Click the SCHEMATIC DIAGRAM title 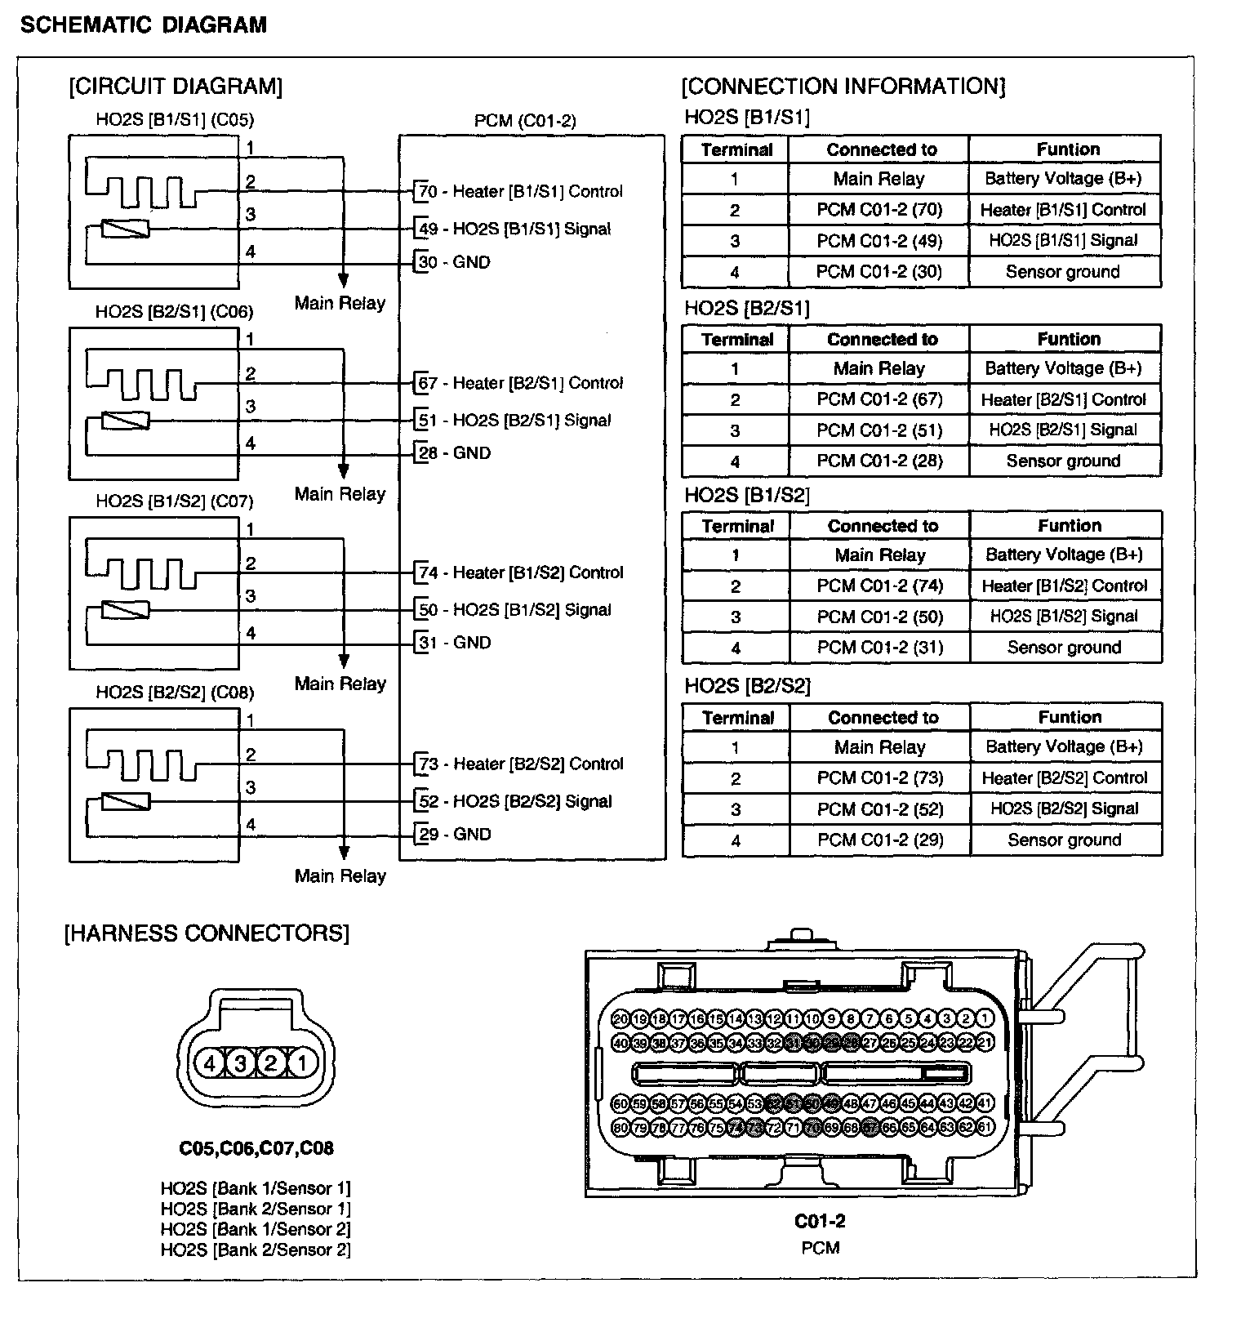pos(144,25)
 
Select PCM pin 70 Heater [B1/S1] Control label pos(520,192)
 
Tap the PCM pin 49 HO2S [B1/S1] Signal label pos(514,229)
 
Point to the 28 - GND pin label pos(455,453)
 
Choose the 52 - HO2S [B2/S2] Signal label pos(515,802)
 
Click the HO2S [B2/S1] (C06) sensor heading pos(175,312)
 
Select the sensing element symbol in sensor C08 pos(125,802)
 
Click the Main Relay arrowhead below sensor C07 pos(344,661)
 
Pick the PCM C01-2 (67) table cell pos(879,399)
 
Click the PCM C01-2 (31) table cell pos(880,648)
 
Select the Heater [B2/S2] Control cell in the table pos(1065,778)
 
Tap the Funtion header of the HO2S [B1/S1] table pos(1068,149)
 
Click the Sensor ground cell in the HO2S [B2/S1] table pos(1063,461)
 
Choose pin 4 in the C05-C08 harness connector pos(210,1063)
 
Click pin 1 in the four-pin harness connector pos(302,1063)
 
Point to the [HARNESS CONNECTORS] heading pos(207,933)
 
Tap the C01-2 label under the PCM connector pos(820,1222)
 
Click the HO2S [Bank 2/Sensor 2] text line pos(256,1249)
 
